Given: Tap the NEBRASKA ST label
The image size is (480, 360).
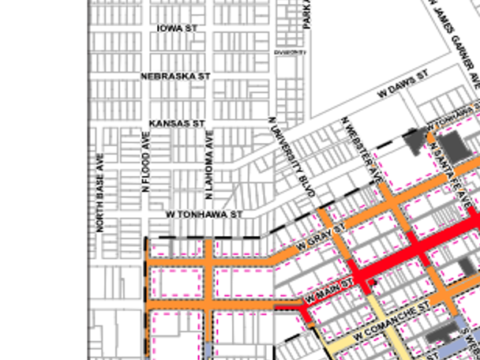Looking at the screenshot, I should tap(175, 77).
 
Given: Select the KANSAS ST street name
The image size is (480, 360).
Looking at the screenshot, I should tap(177, 124).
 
